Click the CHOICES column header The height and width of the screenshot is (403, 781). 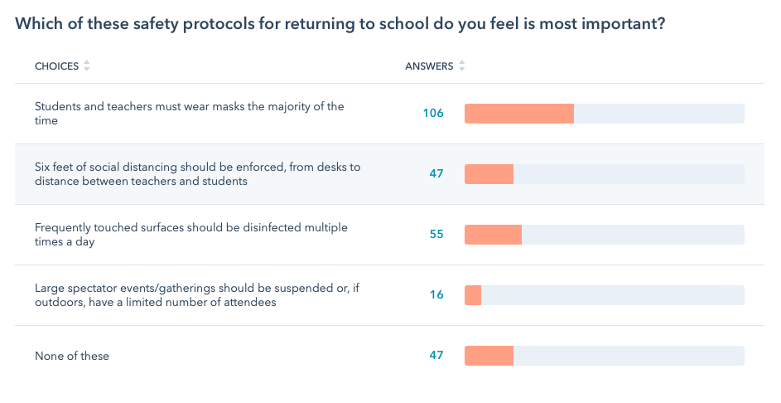[55, 66]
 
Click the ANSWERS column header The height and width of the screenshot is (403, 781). [428, 66]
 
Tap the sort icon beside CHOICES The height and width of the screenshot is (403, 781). [87, 66]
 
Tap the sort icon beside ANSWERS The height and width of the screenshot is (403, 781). [462, 66]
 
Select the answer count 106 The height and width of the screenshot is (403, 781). [433, 114]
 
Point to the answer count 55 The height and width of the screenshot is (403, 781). [436, 235]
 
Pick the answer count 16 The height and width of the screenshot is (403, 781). [436, 295]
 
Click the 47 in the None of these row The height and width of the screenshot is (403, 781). [436, 356]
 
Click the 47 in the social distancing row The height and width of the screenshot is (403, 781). [436, 174]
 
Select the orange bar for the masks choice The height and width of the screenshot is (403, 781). [518, 114]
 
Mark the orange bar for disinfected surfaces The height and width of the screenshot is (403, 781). [493, 235]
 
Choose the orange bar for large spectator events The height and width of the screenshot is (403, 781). [473, 295]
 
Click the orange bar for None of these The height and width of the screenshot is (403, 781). [489, 356]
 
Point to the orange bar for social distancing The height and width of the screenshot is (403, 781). [489, 174]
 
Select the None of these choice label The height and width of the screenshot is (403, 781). [72, 357]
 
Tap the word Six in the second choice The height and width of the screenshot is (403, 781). [43, 167]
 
